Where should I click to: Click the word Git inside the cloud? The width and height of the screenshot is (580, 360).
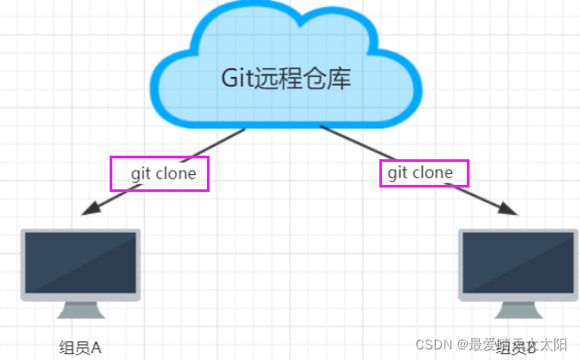coord(237,79)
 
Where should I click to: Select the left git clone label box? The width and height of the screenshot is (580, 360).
coord(159,173)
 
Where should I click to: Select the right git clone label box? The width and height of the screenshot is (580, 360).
coord(424,172)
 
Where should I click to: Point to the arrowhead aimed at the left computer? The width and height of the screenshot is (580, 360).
coord(88,211)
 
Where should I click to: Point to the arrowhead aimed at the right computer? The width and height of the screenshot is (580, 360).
coord(507,211)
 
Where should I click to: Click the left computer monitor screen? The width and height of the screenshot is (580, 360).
coord(80,262)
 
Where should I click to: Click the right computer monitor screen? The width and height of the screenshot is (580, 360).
coord(519,262)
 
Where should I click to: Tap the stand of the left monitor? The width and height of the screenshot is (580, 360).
coord(80,310)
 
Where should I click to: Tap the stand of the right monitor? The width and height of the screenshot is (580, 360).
coord(519,310)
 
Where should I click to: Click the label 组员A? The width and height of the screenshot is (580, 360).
coord(80,346)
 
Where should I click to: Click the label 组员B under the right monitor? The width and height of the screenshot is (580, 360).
coord(517,346)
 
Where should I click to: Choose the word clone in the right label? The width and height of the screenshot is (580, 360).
coord(432,172)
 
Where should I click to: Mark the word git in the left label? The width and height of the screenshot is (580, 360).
coord(141,173)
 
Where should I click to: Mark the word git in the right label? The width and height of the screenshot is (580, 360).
coord(398,172)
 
